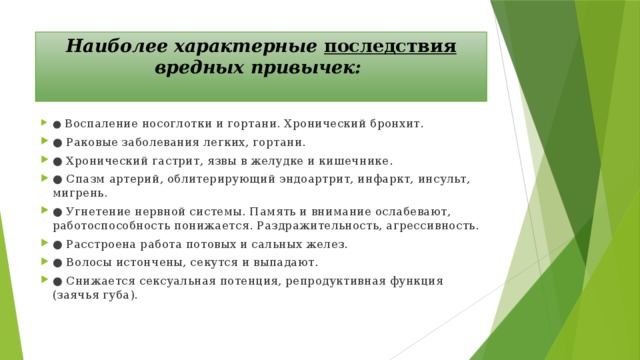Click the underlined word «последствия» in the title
pyautogui.click(x=391, y=46)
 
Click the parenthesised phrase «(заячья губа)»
pyautogui.click(x=94, y=295)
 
